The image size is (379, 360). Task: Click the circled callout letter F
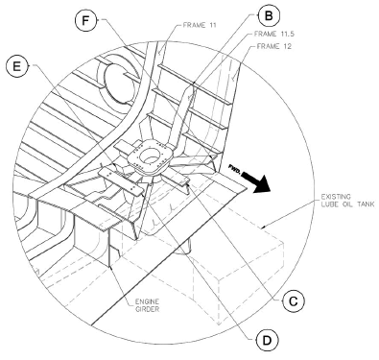pos(85,20)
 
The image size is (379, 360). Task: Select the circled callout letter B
pos(269,15)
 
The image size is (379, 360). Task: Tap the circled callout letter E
pos(16,66)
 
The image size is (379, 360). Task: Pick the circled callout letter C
pos(294,300)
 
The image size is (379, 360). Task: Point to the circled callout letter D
pos(267,341)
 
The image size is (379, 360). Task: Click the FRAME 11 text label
pos(200,25)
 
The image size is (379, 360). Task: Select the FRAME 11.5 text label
pos(274,34)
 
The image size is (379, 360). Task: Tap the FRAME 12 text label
pos(274,46)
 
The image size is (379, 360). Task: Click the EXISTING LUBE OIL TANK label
pos(347,201)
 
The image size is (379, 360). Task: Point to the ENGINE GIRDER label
pos(147,305)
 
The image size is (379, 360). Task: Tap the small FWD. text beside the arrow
pos(235,169)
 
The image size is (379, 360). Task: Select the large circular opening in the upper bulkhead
pos(119,83)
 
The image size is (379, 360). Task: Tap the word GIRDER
pos(147,309)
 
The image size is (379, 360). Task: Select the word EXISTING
pos(336,197)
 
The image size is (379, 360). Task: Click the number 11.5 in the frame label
pos(287,34)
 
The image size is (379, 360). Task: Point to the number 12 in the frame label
pos(287,46)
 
